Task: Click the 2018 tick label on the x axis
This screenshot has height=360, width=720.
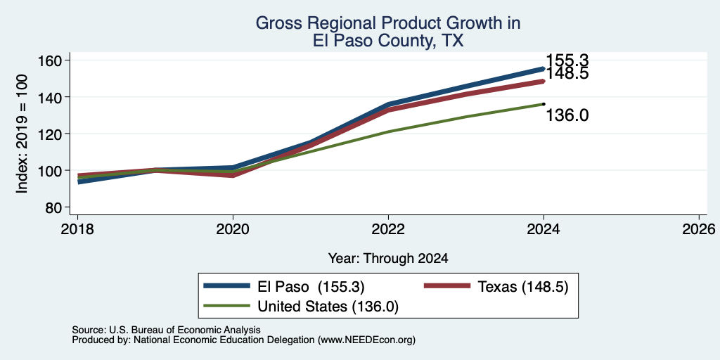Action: (x=77, y=229)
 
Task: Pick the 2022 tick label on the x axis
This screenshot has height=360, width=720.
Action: (x=388, y=229)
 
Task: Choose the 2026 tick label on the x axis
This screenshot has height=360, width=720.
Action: (x=699, y=229)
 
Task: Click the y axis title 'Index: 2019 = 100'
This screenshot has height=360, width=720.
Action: (x=22, y=134)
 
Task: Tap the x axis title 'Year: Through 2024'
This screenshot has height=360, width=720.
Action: (x=388, y=259)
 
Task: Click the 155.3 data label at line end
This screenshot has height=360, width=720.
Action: (x=567, y=60)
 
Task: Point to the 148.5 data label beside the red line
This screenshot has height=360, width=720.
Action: (x=567, y=73)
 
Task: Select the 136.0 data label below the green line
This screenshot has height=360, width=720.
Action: (x=567, y=115)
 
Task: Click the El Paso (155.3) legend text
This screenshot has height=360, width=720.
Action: (x=311, y=287)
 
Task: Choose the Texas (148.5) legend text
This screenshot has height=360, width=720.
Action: (x=523, y=287)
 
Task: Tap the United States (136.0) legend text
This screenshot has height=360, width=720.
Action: (x=328, y=307)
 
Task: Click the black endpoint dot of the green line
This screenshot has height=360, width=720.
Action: (x=544, y=104)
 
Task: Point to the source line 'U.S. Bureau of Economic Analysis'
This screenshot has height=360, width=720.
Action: (x=185, y=330)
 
